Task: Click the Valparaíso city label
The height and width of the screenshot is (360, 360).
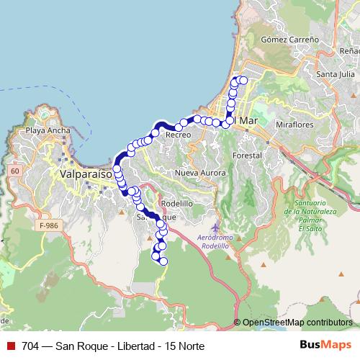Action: coord(84,174)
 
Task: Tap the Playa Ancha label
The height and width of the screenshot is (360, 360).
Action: coord(45,131)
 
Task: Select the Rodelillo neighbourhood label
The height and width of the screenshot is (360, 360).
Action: coord(177,203)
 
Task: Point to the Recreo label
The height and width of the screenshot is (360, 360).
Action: coord(178,135)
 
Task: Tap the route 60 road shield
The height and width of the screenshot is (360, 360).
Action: coord(15,171)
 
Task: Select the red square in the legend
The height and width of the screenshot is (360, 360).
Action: coord(10,346)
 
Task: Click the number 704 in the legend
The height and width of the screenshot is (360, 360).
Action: coord(31,346)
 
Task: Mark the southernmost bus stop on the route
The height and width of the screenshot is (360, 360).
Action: coord(163,261)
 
